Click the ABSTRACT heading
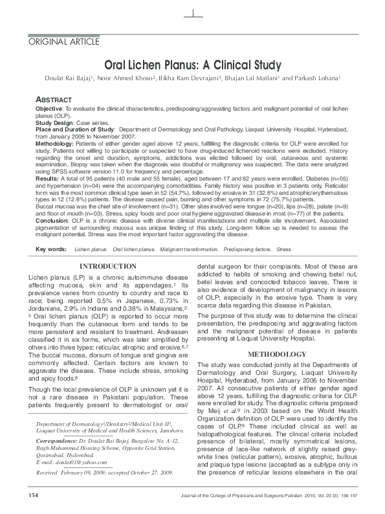point(53,101)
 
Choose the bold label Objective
point(49,109)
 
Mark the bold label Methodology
point(56,142)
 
